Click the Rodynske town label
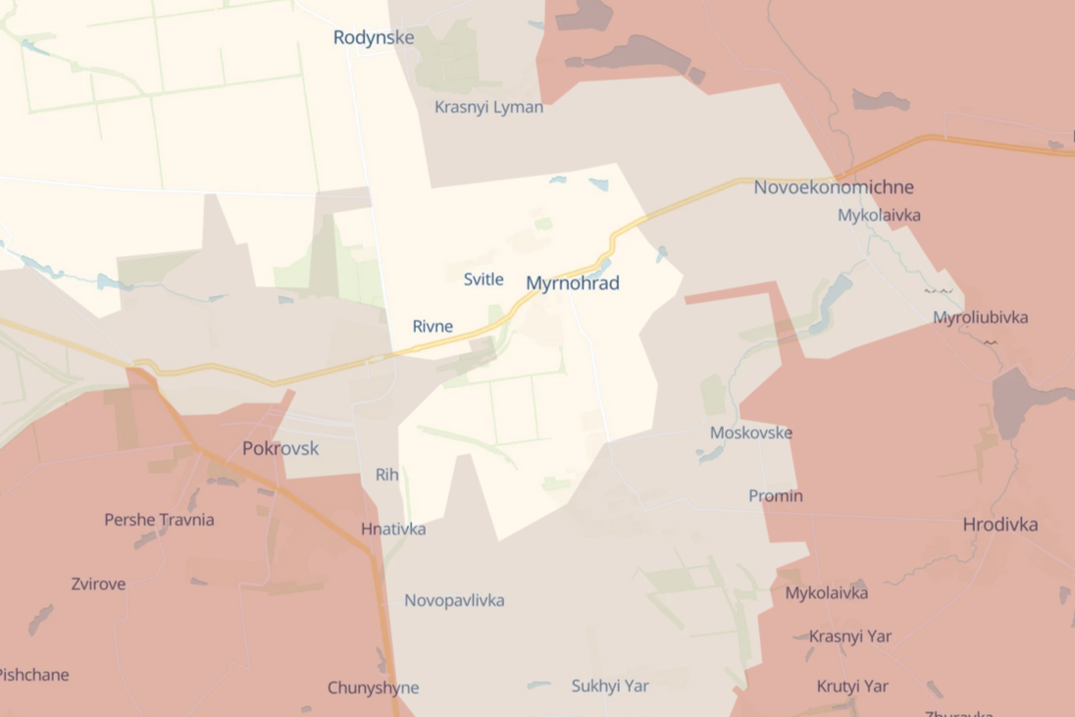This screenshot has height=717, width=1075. pyautogui.click(x=373, y=38)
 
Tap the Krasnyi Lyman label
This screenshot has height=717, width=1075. pyautogui.click(x=488, y=107)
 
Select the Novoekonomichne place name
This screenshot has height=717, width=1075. pyautogui.click(x=833, y=187)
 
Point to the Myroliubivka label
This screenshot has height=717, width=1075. pyautogui.click(x=980, y=318)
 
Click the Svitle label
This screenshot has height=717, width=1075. pyautogui.click(x=484, y=280)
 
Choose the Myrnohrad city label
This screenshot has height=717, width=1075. pyautogui.click(x=572, y=283)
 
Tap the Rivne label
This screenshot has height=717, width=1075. pyautogui.click(x=433, y=327)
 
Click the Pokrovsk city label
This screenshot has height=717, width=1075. pyautogui.click(x=281, y=448)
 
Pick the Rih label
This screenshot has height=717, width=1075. pyautogui.click(x=386, y=475)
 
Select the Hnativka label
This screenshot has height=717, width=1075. pyautogui.click(x=392, y=529)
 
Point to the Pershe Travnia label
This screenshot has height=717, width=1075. pyautogui.click(x=159, y=520)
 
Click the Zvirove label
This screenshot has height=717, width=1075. pyautogui.click(x=98, y=584)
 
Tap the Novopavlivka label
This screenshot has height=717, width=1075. pyautogui.click(x=454, y=600)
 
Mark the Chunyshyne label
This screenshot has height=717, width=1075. pyautogui.click(x=373, y=688)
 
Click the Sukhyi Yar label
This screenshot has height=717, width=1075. pyautogui.click(x=610, y=686)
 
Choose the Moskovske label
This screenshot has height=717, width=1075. pyautogui.click(x=750, y=433)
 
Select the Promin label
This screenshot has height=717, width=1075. pyautogui.click(x=775, y=495)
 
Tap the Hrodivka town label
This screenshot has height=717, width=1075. pyautogui.click(x=999, y=525)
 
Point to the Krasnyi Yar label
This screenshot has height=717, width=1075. pyautogui.click(x=849, y=637)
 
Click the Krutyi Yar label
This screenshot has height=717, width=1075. pyautogui.click(x=852, y=686)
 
